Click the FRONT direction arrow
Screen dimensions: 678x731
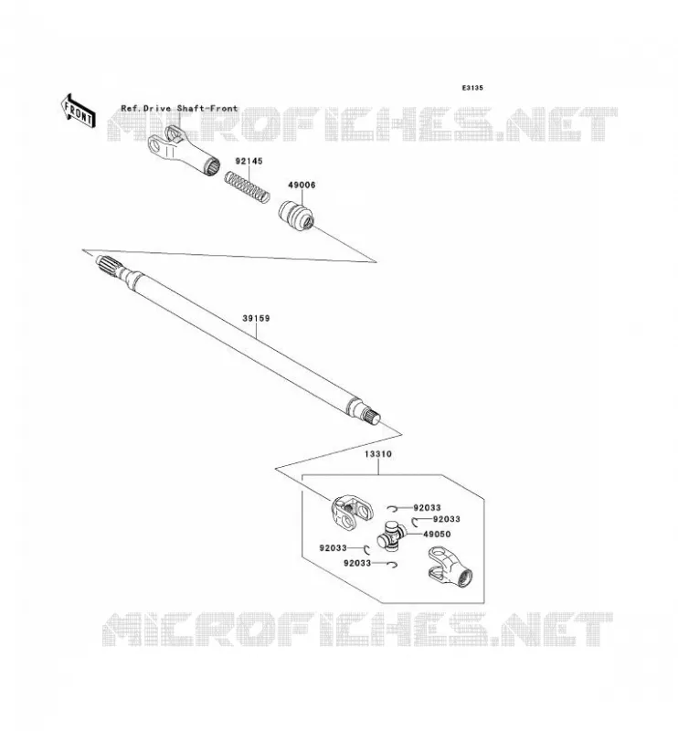pos(79,111)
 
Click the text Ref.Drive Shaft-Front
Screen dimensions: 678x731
pos(179,108)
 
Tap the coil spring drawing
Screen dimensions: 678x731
pos(247,186)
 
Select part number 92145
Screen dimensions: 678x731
pos(249,162)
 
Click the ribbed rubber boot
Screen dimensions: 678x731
pos(296,216)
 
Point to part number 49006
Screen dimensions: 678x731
pos(302,185)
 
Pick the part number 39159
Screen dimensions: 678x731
pos(256,318)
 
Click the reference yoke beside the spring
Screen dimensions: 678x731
pos(184,150)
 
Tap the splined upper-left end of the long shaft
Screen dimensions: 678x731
pos(109,266)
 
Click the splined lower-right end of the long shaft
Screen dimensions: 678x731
pos(372,415)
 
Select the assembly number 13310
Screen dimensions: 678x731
pos(377,453)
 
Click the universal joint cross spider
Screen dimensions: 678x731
pos(391,535)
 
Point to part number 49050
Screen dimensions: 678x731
pos(437,535)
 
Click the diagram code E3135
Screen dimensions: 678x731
pos(472,88)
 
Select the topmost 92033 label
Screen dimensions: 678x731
pos(427,508)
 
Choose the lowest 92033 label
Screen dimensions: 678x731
pos(357,563)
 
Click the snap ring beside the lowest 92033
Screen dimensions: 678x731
pos(393,565)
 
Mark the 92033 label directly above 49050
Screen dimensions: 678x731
pos(447,519)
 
